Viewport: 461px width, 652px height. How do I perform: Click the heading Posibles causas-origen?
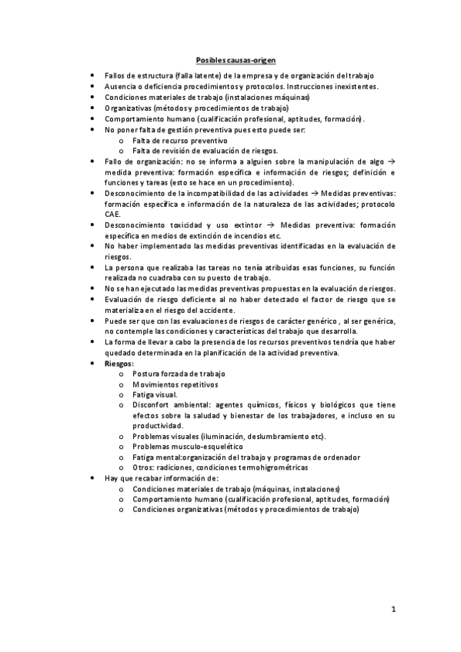236,59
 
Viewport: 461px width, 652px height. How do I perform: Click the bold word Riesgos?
119,362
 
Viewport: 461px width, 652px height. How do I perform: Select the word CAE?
112,214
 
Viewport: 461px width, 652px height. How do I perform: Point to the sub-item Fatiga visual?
155,394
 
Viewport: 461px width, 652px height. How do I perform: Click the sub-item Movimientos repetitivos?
175,383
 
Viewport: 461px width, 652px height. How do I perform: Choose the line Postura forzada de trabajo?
179,373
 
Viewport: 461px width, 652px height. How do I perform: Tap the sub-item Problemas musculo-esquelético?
187,446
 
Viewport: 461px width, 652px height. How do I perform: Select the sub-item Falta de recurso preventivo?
180,141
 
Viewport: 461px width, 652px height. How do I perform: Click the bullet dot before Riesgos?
92,362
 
